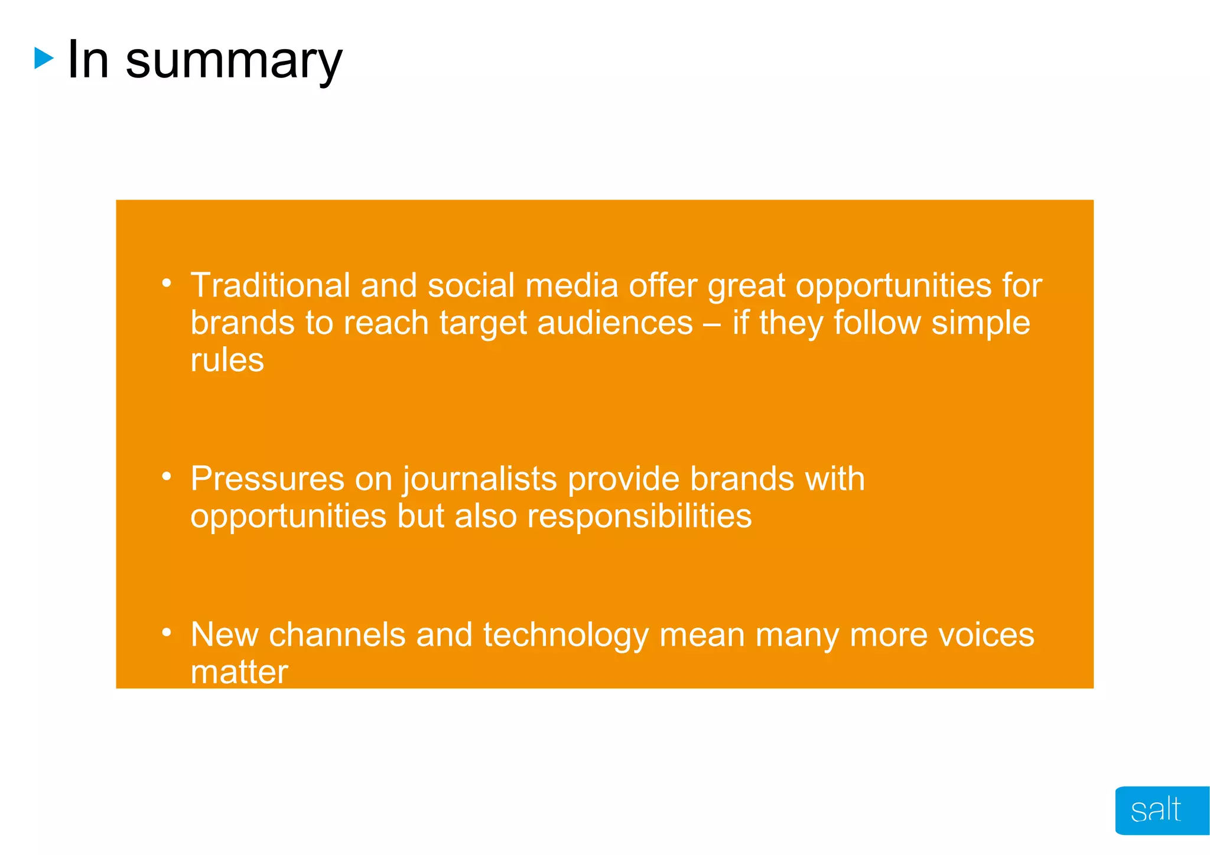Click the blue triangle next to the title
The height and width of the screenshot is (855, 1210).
(44, 58)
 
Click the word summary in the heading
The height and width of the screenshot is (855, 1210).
(234, 61)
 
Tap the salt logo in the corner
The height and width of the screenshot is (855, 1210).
(1156, 810)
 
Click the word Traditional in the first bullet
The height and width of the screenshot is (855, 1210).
(270, 285)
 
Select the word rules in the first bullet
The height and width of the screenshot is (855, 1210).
(227, 360)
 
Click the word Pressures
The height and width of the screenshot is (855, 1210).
(267, 479)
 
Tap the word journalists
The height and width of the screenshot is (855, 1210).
(480, 479)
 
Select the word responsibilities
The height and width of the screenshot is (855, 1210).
(639, 516)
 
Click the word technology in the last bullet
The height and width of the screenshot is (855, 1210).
(565, 635)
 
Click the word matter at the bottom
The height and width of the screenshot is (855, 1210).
(239, 672)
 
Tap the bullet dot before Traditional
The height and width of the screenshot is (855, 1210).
(167, 283)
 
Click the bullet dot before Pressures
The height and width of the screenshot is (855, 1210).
(167, 476)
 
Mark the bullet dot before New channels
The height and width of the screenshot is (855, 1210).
(167, 633)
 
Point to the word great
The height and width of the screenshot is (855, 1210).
(746, 287)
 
